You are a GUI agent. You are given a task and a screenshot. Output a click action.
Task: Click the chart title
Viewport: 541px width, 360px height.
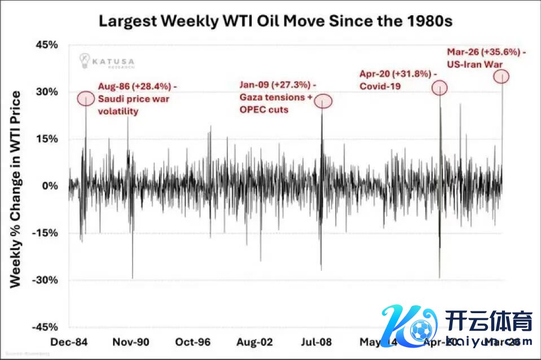[276, 21]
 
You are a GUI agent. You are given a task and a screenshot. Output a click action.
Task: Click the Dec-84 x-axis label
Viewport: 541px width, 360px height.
[69, 342]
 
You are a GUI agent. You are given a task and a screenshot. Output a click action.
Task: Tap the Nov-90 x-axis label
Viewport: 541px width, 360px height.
[131, 342]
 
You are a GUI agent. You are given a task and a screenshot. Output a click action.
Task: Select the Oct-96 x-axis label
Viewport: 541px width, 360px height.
[192, 342]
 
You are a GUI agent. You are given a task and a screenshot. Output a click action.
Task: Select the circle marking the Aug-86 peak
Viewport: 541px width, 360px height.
[86, 98]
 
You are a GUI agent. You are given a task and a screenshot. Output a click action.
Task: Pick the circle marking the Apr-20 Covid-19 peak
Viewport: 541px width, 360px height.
[440, 87]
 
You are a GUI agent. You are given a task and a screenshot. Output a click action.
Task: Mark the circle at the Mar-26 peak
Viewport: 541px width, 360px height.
[502, 76]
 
